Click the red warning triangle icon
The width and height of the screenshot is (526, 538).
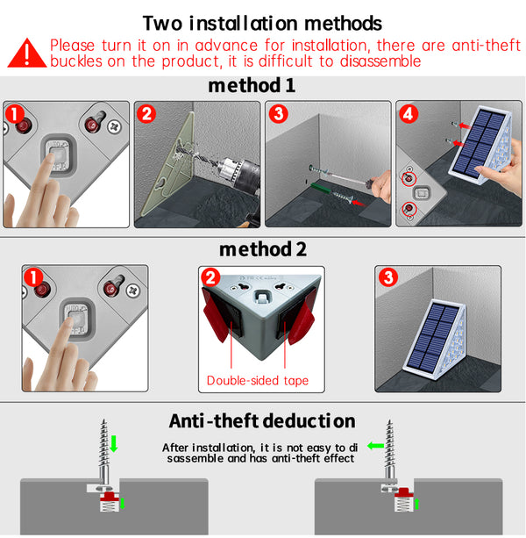pyautogui.click(x=26, y=53)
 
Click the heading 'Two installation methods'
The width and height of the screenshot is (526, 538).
pyautogui.click(x=262, y=22)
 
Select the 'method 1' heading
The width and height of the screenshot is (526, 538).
pyautogui.click(x=252, y=86)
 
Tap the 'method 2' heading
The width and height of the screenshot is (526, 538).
pyautogui.click(x=263, y=248)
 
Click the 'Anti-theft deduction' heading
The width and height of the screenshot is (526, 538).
pyautogui.click(x=262, y=420)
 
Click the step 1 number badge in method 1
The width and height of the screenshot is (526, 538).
pyautogui.click(x=13, y=114)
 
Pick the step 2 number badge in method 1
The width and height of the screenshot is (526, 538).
pyautogui.click(x=146, y=114)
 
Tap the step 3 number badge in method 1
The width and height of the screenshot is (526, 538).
pyautogui.click(x=277, y=114)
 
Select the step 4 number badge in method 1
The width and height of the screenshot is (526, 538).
pyautogui.click(x=408, y=114)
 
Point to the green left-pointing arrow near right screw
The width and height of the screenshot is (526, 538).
pyautogui.click(x=375, y=446)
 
